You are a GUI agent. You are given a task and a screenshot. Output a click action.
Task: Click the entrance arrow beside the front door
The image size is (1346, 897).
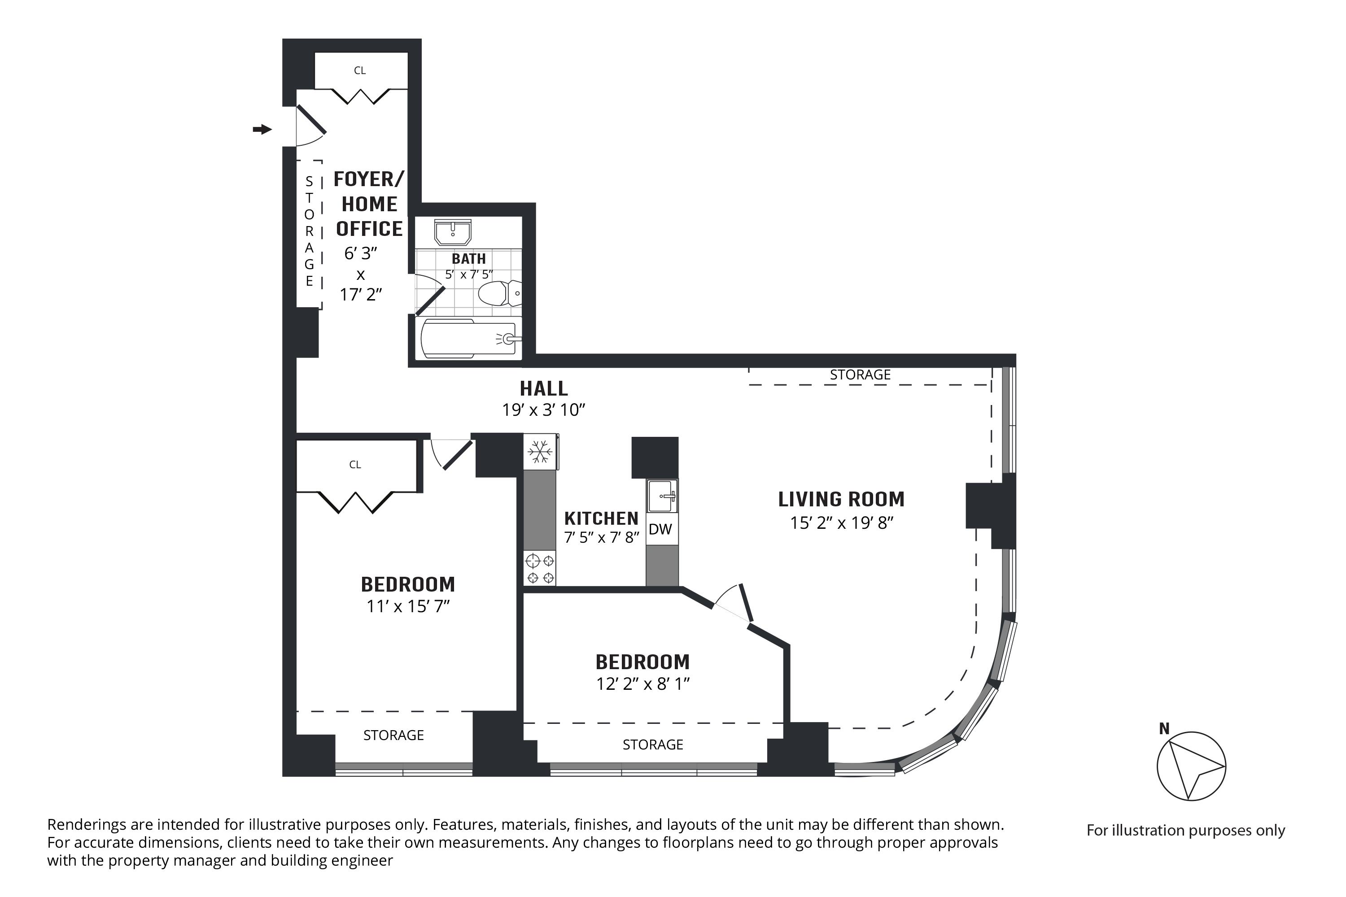[262, 129]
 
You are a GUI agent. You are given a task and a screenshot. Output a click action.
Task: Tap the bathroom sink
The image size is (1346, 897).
[453, 233]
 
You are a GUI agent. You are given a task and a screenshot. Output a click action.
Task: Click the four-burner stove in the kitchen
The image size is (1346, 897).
[540, 568]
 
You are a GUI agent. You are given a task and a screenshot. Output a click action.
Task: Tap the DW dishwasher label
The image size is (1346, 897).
[660, 529]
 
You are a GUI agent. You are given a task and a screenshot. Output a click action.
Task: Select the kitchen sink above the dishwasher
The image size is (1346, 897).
[661, 496]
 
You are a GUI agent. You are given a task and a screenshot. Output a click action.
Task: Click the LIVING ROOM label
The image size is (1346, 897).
[841, 500]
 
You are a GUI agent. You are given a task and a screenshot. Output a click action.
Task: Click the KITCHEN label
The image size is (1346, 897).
[601, 518]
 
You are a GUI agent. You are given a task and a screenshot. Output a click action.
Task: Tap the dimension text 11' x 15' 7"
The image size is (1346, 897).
[408, 606]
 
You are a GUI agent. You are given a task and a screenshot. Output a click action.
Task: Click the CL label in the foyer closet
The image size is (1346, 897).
[359, 71]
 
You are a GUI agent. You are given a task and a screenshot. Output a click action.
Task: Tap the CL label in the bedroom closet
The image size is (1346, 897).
[355, 465]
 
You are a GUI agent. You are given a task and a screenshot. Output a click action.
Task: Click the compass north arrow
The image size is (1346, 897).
[1191, 766]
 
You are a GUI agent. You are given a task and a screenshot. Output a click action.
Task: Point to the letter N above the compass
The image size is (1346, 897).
[1164, 729]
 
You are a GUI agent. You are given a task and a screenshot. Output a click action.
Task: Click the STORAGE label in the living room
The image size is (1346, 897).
[860, 374]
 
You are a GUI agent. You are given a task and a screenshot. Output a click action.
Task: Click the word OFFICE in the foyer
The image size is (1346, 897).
[369, 229]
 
